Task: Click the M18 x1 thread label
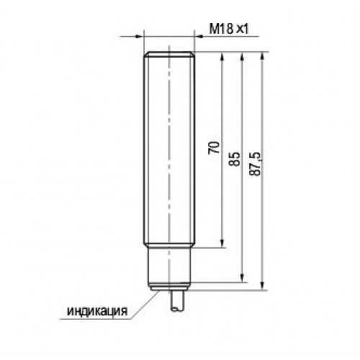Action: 228,30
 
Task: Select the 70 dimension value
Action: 214,148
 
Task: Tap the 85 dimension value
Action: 235,159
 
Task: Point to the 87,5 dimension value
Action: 255,164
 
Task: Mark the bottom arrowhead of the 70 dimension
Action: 222,243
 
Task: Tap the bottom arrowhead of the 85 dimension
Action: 243,279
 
